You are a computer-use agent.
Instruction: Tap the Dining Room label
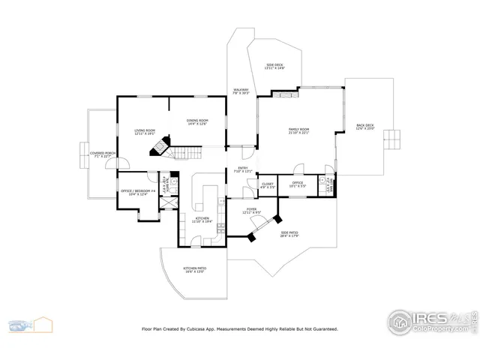tap(197, 122)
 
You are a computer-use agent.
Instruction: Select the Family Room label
tap(299, 131)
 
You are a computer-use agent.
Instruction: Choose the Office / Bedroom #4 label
tap(137, 192)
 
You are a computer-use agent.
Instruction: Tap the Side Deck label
tap(274, 67)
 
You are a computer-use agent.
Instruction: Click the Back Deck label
tap(365, 127)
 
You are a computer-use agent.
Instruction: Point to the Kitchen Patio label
tap(195, 269)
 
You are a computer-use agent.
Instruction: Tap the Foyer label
tap(251, 211)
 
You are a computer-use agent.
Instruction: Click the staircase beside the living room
tap(188, 152)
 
